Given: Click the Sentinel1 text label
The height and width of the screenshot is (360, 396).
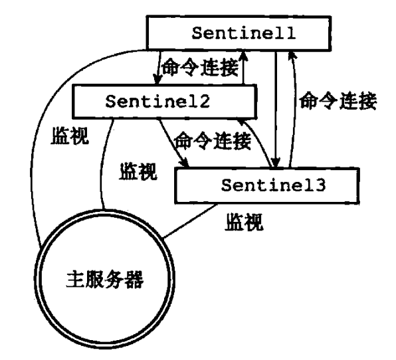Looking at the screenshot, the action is point(244,33).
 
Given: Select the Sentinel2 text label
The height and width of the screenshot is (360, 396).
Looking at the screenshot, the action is point(157,102).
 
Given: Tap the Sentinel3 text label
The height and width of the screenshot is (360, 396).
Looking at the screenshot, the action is point(274,185).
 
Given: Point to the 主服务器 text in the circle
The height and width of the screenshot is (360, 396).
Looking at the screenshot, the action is point(105,280).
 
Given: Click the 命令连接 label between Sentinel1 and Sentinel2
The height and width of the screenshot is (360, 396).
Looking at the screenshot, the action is point(200,68).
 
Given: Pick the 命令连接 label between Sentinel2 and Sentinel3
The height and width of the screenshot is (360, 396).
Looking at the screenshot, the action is point(213,141).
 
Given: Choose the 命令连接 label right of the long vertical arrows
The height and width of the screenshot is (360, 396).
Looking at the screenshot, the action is point(338,101).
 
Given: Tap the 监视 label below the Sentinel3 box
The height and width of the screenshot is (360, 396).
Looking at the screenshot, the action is point(244,222).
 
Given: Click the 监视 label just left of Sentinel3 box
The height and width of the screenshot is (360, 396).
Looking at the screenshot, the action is point(138,171).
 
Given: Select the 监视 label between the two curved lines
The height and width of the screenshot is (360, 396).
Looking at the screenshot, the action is point(70,135).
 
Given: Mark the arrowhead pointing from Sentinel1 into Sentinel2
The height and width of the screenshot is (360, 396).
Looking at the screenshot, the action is point(157,79).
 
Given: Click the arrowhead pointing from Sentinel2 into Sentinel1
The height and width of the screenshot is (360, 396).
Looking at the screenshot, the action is point(244,55).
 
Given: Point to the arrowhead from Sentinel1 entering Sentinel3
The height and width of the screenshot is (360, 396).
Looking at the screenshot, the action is point(276,162).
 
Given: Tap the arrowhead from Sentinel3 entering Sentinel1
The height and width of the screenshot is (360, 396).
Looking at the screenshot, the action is point(292,56).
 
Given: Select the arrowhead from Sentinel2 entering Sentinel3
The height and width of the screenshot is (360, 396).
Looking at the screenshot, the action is point(185,163).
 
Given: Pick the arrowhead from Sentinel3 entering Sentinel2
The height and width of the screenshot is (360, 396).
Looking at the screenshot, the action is point(242,122).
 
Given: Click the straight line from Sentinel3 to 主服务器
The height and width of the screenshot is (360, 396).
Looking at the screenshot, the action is point(190,221).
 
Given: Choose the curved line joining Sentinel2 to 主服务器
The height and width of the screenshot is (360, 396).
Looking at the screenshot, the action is point(102,164).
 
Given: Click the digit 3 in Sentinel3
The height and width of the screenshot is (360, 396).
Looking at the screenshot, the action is point(320,185).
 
